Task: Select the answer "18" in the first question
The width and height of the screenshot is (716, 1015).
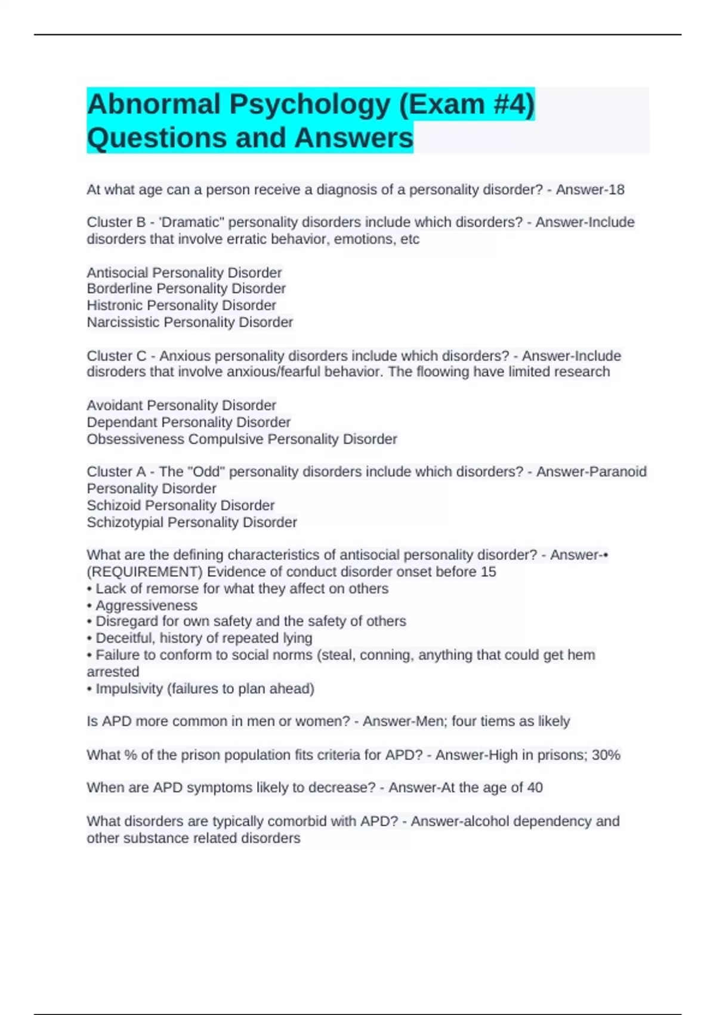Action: coord(616,190)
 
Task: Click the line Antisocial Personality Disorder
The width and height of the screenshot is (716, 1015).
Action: coord(184,273)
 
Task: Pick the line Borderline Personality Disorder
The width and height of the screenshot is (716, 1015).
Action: coord(186,289)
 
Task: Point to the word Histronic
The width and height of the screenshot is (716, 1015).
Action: coord(115,306)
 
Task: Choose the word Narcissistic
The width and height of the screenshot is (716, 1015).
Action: coord(123,322)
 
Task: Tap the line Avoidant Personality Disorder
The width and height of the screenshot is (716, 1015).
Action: coord(181,405)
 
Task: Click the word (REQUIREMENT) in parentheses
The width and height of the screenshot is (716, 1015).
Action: coord(145,572)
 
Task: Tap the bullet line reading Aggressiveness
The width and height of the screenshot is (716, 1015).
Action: coord(146,605)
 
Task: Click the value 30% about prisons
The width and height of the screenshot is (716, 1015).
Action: coord(606,755)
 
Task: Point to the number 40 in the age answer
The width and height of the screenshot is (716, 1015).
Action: coord(535,788)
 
